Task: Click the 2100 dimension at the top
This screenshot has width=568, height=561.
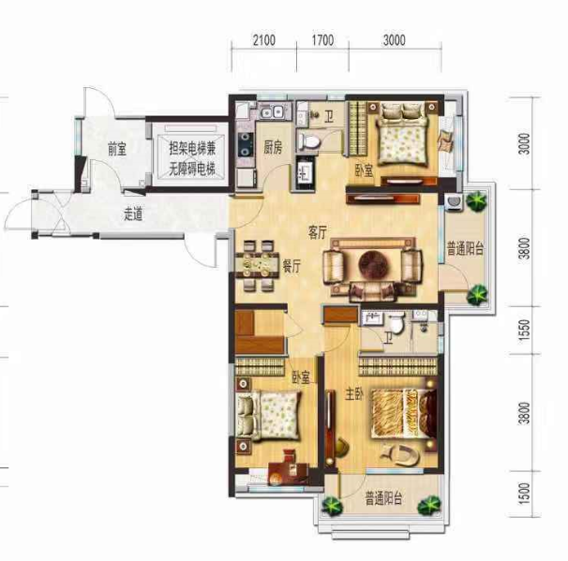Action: [x=264, y=40]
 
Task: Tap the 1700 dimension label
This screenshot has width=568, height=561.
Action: [x=322, y=40]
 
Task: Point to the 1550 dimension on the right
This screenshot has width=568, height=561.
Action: [x=524, y=330]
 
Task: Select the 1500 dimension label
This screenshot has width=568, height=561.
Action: [x=524, y=494]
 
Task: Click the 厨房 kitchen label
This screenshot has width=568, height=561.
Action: [x=273, y=147]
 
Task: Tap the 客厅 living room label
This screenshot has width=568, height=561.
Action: [x=318, y=232]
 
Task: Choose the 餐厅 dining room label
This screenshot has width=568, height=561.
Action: [x=291, y=267]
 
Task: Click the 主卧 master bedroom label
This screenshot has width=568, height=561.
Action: [x=354, y=394]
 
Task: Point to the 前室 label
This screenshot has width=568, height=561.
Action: [x=117, y=149]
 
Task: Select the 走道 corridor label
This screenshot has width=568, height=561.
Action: [x=133, y=214]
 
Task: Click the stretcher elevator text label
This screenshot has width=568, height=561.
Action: [x=192, y=158]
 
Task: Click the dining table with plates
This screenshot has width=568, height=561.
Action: [x=257, y=265]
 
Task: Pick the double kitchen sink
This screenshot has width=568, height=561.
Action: [x=273, y=111]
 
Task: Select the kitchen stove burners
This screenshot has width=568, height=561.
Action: [x=246, y=144]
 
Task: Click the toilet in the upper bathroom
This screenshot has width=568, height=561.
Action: [x=309, y=140]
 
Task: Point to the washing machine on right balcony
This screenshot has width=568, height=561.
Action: [x=454, y=202]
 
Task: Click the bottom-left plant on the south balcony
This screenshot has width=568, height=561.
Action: [x=332, y=506]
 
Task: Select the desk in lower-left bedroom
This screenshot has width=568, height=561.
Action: [x=289, y=473]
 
